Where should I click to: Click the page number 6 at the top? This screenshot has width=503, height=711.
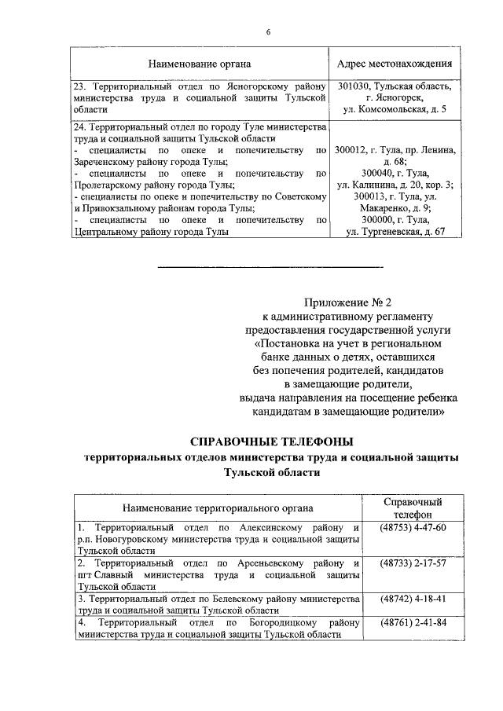tap(267, 31)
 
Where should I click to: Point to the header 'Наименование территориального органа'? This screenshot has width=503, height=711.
tap(218, 508)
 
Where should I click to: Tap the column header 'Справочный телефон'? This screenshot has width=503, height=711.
tap(413, 508)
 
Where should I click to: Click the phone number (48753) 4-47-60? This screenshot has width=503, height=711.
tap(413, 526)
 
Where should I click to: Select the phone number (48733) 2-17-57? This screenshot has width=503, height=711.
tap(413, 563)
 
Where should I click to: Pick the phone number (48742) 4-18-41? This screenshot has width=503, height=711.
tap(413, 599)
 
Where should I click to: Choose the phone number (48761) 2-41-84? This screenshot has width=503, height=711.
tap(413, 624)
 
